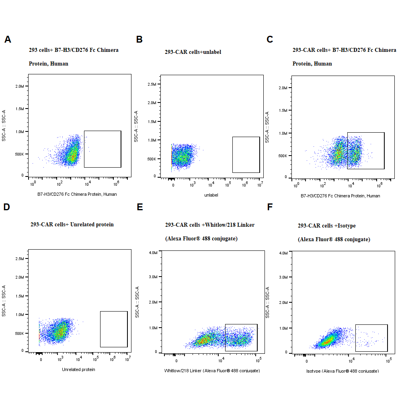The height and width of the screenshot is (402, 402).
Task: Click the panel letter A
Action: (x=8, y=39)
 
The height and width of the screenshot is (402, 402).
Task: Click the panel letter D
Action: (x=6, y=207)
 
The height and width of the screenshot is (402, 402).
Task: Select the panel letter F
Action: (x=270, y=207)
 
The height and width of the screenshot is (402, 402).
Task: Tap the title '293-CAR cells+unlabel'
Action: (x=193, y=52)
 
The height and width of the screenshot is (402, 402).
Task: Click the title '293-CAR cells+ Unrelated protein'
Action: (x=72, y=224)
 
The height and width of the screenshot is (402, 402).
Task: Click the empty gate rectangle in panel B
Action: (x=246, y=154)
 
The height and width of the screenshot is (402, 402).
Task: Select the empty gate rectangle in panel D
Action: (x=114, y=329)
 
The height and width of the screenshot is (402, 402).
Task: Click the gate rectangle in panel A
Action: (x=103, y=149)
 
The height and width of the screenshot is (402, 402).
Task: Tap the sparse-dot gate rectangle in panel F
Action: (x=371, y=338)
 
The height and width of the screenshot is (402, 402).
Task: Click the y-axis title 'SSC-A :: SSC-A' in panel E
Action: (x=137, y=302)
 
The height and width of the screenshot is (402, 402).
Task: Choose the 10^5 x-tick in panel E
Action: (x=258, y=359)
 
